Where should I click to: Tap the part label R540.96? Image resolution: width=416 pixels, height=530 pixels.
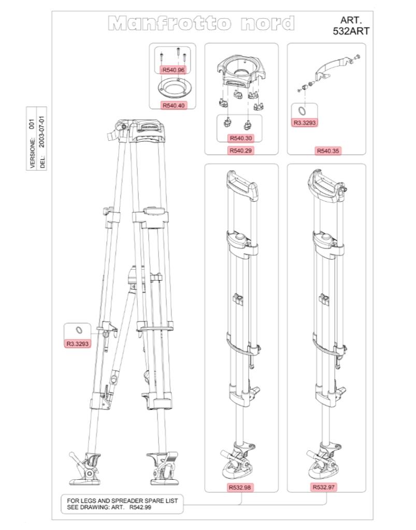174,69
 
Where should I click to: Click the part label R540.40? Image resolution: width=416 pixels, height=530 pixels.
174,105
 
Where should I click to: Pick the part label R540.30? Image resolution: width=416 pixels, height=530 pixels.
241,138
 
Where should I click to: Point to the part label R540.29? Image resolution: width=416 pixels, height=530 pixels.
241,151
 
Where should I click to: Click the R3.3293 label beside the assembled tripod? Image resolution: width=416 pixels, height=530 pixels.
77,343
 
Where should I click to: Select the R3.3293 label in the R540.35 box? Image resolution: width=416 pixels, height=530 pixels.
305,123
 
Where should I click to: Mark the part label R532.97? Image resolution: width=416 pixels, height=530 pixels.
324,487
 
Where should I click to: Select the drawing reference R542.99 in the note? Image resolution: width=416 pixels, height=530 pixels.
140,508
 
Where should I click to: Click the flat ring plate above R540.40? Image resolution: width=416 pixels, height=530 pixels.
173,87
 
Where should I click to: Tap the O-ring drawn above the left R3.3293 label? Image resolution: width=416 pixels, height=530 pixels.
77,331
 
